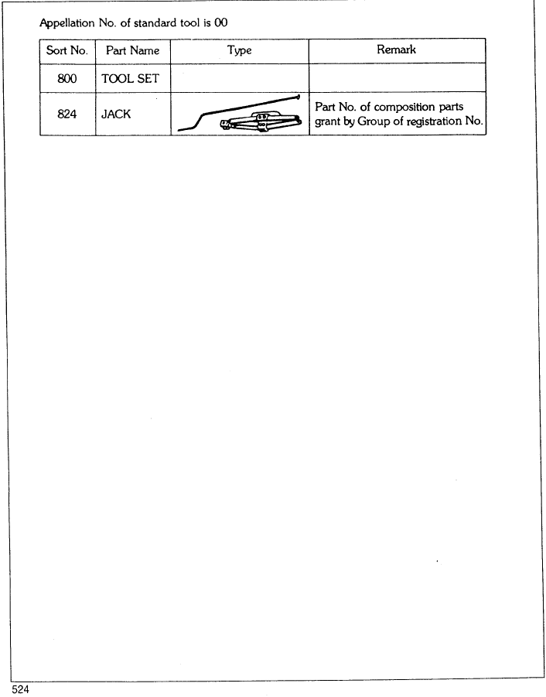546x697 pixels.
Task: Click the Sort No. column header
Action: pyautogui.click(x=67, y=50)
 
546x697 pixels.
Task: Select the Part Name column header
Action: pyautogui.click(x=132, y=50)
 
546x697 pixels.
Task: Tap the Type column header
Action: pyautogui.click(x=240, y=51)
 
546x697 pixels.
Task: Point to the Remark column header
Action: pyautogui.click(x=396, y=50)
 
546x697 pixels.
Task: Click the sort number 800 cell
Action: pyautogui.click(x=67, y=79)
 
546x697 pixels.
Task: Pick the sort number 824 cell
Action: pyautogui.click(x=67, y=114)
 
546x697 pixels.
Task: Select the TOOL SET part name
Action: pyautogui.click(x=130, y=79)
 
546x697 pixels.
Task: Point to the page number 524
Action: pyautogui.click(x=20, y=689)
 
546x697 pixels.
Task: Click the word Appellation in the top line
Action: pyautogui.click(x=67, y=23)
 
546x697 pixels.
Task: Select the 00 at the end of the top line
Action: pyautogui.click(x=221, y=22)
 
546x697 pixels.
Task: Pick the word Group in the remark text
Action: pyautogui.click(x=374, y=121)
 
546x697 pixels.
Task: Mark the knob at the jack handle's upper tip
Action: pyautogui.click(x=298, y=97)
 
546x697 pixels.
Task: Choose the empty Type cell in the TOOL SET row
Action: pyautogui.click(x=240, y=78)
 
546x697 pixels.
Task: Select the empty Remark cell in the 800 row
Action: pyautogui.click(x=398, y=78)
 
